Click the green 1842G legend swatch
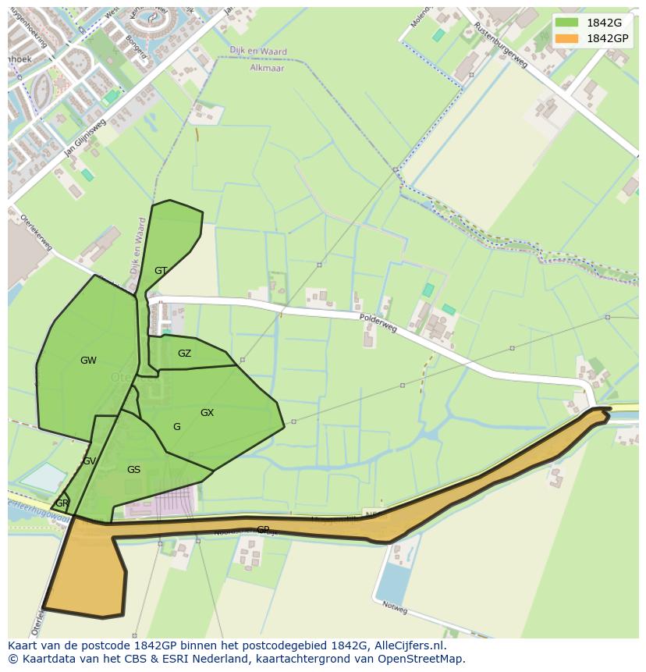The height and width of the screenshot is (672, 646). click(567, 23)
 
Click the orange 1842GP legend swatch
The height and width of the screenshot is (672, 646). click(567, 38)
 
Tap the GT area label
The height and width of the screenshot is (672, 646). click(161, 271)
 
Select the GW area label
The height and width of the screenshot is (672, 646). click(88, 361)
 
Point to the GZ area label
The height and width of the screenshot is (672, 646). click(184, 354)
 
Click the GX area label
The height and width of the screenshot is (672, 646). click(207, 413)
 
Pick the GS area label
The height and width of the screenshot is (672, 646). click(133, 470)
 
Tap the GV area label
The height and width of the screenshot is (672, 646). click(89, 461)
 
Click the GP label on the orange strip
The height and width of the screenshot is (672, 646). click(263, 529)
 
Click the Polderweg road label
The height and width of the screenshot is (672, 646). click(378, 322)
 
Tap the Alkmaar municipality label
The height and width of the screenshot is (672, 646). click(268, 68)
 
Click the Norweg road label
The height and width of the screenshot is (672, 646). click(394, 606)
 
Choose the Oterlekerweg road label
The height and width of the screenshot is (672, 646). click(36, 232)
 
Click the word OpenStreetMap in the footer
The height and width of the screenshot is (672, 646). click(421, 658)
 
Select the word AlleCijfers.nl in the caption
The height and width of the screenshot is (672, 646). click(406, 645)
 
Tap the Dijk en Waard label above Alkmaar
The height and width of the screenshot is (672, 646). click(258, 52)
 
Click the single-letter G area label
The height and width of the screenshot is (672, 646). click(177, 427)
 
